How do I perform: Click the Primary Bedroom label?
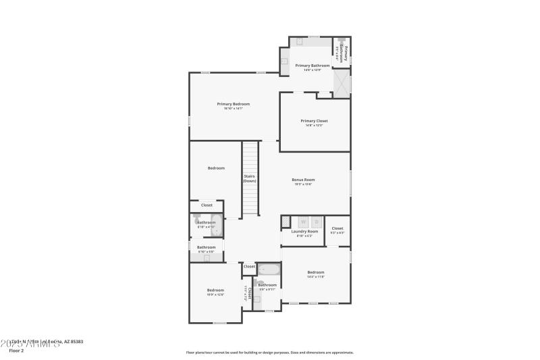pyautogui.click(x=233, y=104)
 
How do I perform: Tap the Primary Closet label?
pyautogui.click(x=314, y=121)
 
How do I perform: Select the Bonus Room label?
pyautogui.click(x=303, y=180)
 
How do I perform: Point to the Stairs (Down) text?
pyautogui.click(x=250, y=178)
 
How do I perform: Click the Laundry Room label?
pyautogui.click(x=304, y=232)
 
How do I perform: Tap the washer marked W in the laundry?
pyautogui.click(x=303, y=221)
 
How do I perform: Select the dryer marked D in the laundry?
pyautogui.click(x=317, y=221)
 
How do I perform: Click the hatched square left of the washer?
pyautogui.click(x=286, y=221)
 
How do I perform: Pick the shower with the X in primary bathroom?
pyautogui.click(x=342, y=84)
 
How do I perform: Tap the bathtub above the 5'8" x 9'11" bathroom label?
pyautogui.click(x=268, y=271)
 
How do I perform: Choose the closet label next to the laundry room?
pyautogui.click(x=337, y=228)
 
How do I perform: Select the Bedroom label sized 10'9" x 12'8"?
pyautogui.click(x=215, y=290)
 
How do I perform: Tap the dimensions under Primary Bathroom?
pyautogui.click(x=312, y=70)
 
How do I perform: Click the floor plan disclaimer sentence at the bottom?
pyautogui.click(x=269, y=352)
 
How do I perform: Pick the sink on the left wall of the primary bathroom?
pyautogui.click(x=285, y=61)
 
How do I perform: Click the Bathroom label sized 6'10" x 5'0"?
pyautogui.click(x=206, y=247)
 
